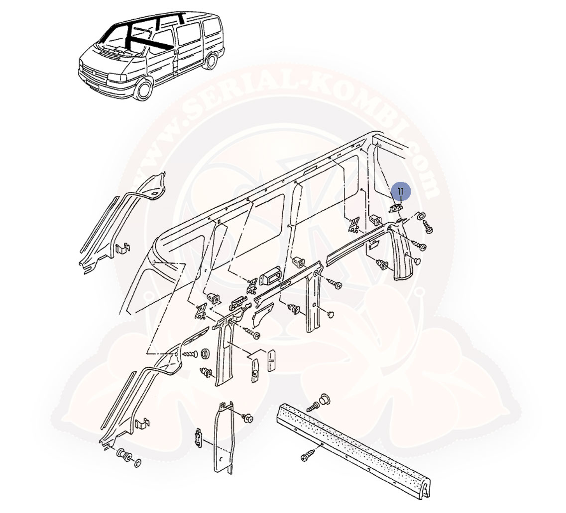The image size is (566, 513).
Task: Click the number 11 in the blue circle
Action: (401, 191)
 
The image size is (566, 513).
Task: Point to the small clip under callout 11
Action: (396, 208)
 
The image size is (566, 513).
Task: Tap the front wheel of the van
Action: (143, 89)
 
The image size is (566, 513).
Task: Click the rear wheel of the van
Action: (211, 60)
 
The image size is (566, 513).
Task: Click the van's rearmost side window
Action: (212, 27)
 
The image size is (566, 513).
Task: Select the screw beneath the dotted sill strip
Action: (309, 455)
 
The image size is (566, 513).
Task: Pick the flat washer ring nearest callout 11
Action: (421, 215)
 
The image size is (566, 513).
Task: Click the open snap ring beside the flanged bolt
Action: (138, 462)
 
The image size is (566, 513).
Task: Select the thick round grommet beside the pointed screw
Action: (206, 353)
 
